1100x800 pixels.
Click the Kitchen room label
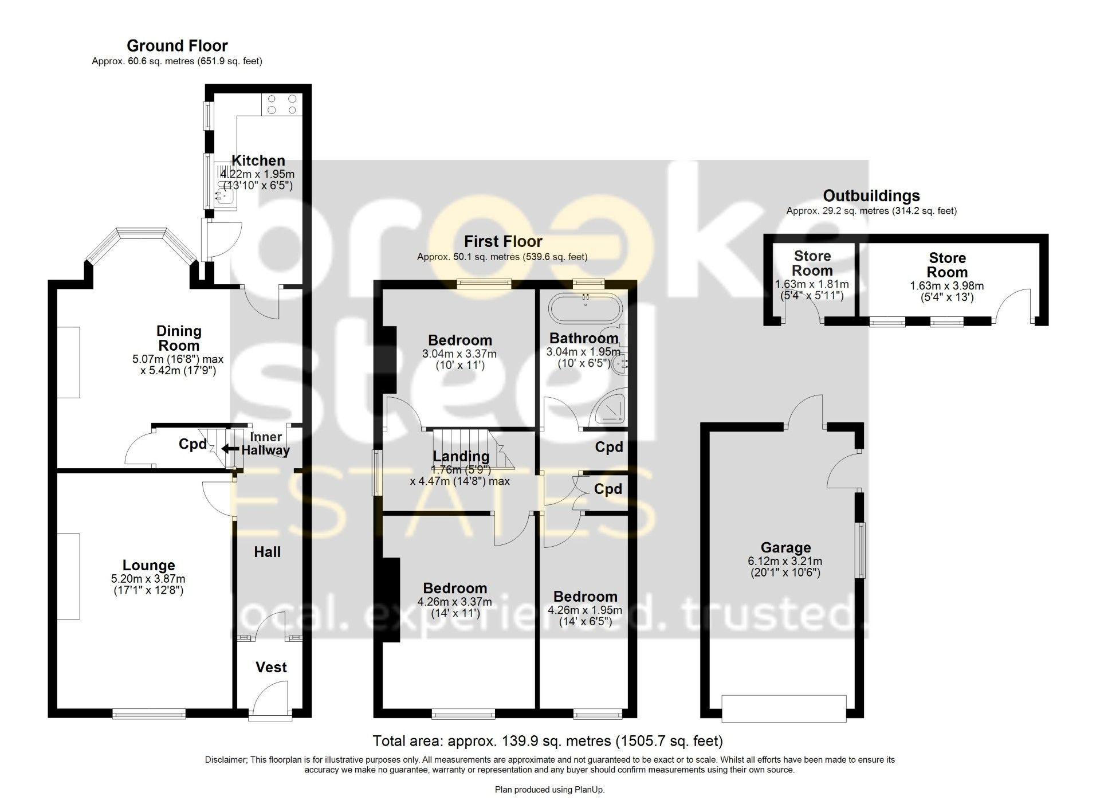pyautogui.click(x=258, y=160)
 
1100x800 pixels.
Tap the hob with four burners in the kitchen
pyautogui.click(x=281, y=104)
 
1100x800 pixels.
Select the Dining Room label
pyautogui.click(x=179, y=338)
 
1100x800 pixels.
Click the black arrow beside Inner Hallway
pyautogui.click(x=230, y=449)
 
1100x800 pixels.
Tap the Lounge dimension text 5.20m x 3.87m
pyautogui.click(x=148, y=579)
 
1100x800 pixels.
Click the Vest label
pyautogui.click(x=271, y=667)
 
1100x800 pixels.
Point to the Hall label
pyautogui.click(x=267, y=552)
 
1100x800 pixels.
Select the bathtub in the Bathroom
pyautogui.click(x=585, y=309)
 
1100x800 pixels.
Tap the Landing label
pyautogui.click(x=461, y=456)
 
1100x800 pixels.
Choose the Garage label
pyautogui.click(x=785, y=548)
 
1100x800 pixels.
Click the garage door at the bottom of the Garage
pyautogui.click(x=784, y=708)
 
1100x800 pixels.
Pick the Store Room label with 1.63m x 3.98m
pyautogui.click(x=947, y=265)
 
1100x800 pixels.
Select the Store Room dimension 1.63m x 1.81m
pyautogui.click(x=812, y=284)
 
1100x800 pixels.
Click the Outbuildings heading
pyautogui.click(x=871, y=196)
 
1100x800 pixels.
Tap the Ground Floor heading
pyautogui.click(x=177, y=46)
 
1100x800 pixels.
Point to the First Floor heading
pyautogui.click(x=503, y=241)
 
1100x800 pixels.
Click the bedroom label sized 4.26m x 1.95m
pyautogui.click(x=585, y=597)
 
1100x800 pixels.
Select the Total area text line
pyautogui.click(x=548, y=741)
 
